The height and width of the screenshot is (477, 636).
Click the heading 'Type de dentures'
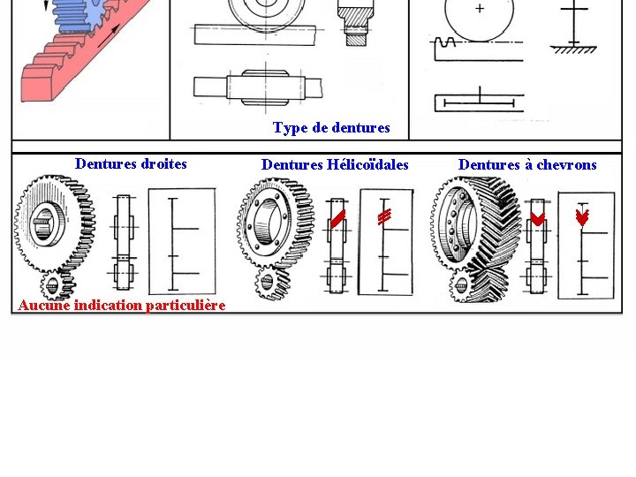(331, 128)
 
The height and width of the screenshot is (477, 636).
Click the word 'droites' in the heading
(164, 163)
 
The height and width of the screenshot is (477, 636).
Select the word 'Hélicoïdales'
(367, 164)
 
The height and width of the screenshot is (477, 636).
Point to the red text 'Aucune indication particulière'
(122, 305)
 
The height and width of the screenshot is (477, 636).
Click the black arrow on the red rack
(110, 35)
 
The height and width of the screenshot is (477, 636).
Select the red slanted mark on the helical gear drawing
(337, 219)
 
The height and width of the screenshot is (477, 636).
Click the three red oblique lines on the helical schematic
(384, 216)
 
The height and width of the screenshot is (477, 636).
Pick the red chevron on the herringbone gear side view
(538, 219)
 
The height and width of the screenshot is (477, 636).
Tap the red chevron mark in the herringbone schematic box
(582, 216)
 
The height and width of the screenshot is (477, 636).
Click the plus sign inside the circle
(480, 8)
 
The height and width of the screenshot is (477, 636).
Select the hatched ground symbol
(573, 49)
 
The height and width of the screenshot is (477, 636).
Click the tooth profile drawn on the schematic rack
(444, 42)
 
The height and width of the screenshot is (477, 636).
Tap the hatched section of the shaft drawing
(356, 19)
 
